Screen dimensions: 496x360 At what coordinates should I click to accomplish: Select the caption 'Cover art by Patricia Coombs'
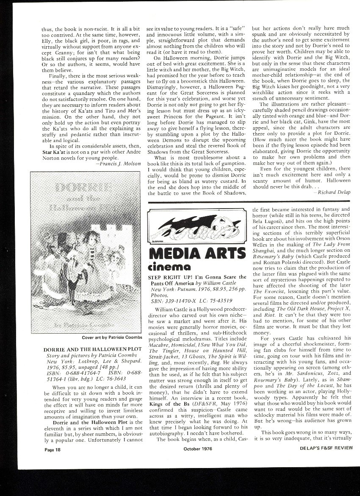111,338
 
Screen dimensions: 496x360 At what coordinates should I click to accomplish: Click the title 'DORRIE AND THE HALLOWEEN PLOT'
92,349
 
